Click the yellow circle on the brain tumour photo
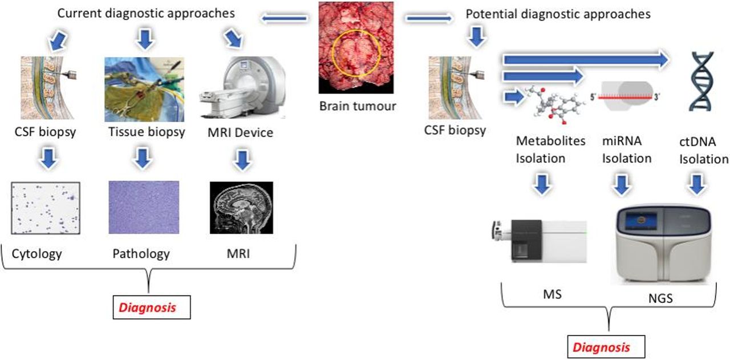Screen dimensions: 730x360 [x=356, y=31]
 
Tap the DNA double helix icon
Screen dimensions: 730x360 [x=702, y=81]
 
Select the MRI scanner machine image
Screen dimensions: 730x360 [x=242, y=87]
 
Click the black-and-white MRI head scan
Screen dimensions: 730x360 [x=241, y=208]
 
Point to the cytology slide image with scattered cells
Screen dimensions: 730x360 [x=46, y=208]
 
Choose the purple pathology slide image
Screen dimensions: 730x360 [x=144, y=208]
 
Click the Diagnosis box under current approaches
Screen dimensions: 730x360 [x=152, y=307]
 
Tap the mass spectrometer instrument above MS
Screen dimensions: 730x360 [x=540, y=241]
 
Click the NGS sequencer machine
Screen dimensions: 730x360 [x=663, y=245]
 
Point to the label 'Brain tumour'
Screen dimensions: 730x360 [x=358, y=106]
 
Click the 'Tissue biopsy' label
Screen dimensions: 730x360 [x=147, y=132]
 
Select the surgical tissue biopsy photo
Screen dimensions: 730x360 [x=144, y=90]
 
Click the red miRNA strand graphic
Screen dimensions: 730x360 [x=624, y=97]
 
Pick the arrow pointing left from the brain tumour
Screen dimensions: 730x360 [x=284, y=18]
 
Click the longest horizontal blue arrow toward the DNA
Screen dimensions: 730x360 [x=586, y=59]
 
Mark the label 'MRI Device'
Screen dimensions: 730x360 [x=241, y=132]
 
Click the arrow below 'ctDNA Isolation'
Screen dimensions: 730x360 [x=697, y=185]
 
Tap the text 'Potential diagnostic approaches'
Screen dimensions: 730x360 [x=558, y=14]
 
